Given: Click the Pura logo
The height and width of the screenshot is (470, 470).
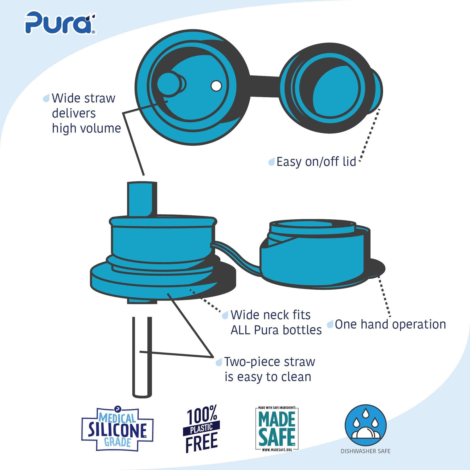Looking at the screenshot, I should (x=60, y=23).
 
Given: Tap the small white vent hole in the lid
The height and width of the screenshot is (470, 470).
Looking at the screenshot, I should (x=216, y=86).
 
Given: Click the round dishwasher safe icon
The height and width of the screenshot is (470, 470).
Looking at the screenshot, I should (x=366, y=426).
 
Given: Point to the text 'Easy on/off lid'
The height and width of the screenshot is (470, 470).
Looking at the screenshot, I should (x=316, y=162).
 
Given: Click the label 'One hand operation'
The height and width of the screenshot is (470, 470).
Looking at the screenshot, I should (x=390, y=325).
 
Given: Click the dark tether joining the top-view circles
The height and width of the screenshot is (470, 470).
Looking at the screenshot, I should (x=264, y=86).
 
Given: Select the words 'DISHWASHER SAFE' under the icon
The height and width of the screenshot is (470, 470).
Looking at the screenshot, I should (x=365, y=451).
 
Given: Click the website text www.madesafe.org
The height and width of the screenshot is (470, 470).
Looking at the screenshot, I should (x=277, y=450).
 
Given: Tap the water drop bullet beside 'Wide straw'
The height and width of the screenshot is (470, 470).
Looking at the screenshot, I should (x=46, y=98).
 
